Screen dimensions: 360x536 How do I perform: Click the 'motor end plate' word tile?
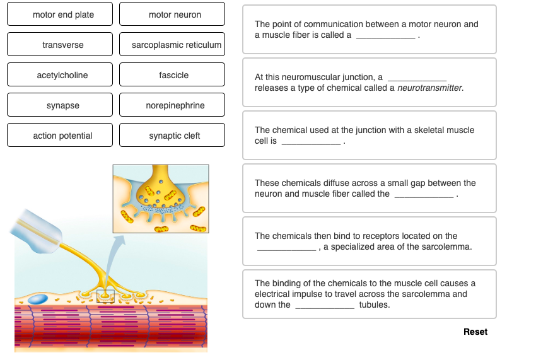[60, 15]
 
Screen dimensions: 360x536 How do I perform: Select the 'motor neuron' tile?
[172, 15]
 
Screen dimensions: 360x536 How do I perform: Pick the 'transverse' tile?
[60, 45]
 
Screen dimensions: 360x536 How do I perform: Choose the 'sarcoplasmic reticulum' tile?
[172, 45]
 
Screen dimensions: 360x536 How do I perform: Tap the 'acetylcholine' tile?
[60, 75]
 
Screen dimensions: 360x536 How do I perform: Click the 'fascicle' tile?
[172, 75]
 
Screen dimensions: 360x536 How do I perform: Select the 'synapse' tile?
[60, 105]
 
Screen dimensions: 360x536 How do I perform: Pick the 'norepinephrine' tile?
[172, 105]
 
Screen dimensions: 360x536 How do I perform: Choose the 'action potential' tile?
[60, 136]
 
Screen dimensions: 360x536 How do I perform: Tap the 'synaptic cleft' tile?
[172, 136]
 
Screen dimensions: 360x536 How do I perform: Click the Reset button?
[475, 332]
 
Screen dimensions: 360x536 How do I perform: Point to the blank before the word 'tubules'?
[324, 306]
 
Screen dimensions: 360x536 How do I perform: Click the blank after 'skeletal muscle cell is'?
[311, 142]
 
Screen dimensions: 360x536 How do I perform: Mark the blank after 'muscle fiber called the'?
[423, 195]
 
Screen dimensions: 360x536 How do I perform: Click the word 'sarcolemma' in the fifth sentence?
[450, 247]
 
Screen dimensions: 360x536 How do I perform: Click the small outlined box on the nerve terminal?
[105, 296]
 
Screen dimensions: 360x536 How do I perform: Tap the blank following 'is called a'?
[385, 36]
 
